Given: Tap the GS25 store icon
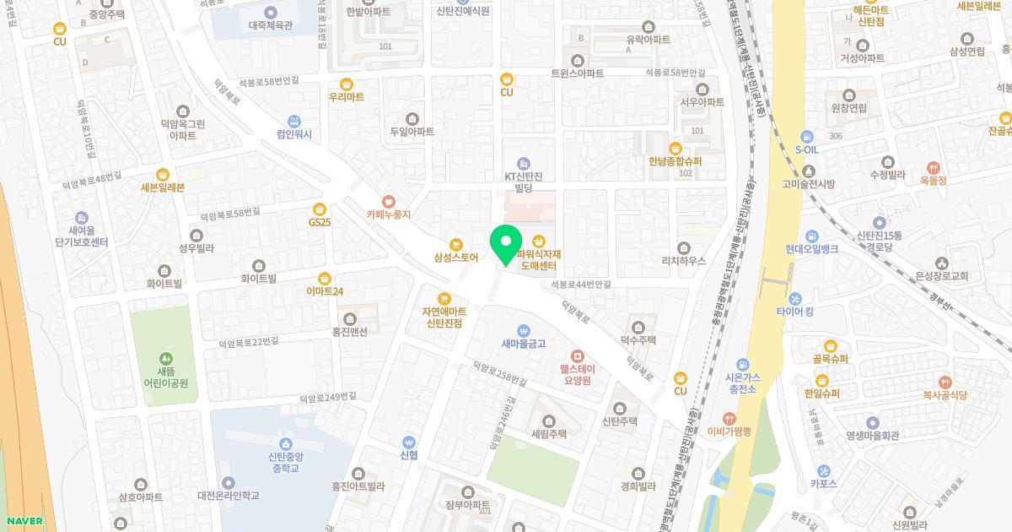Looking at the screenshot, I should click(320, 209).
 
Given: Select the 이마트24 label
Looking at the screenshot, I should click(325, 291).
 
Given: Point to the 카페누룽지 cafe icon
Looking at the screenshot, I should click(388, 201).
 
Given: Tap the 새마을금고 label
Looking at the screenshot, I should click(524, 343).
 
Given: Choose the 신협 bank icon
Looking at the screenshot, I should click(409, 440).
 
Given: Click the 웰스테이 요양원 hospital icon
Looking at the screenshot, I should click(577, 356).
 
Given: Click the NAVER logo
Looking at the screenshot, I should click(23, 521).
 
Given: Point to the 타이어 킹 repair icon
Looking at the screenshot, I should click(795, 299).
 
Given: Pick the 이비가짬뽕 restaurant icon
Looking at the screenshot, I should click(729, 418).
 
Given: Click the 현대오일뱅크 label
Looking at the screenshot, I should click(811, 249).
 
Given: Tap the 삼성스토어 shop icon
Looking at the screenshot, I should click(456, 243).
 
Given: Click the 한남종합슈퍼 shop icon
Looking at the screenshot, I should click(676, 148).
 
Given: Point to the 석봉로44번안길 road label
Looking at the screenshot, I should click(581, 285).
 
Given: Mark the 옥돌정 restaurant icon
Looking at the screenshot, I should click(934, 167).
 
